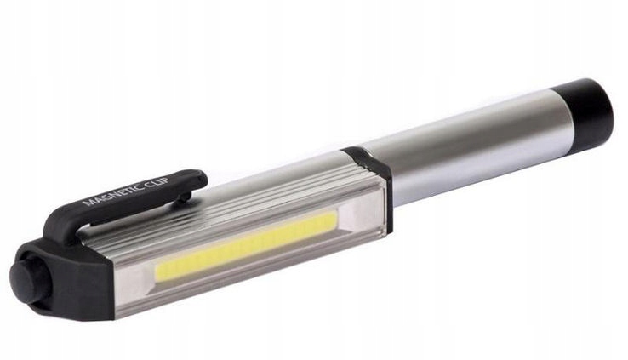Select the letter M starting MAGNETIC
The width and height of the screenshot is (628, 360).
tap(87, 202)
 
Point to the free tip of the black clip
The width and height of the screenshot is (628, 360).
tap(200, 179)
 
